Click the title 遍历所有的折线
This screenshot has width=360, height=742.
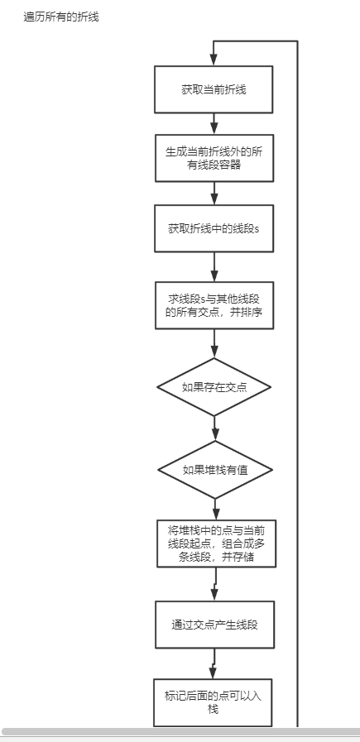point(61,16)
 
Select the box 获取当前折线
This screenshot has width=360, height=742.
point(214,89)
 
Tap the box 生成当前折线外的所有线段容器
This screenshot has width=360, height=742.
point(214,158)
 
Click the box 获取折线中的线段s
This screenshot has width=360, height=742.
point(214,227)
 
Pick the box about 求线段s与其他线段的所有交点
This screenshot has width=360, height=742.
point(214,306)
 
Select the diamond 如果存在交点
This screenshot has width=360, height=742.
point(214,386)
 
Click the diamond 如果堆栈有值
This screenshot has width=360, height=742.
point(214,469)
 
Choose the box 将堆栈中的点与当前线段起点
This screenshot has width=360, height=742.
point(216,543)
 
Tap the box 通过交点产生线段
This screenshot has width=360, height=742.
point(214,625)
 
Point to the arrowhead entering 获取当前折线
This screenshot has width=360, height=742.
point(214,59)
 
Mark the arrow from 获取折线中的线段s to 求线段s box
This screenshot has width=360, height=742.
point(214,267)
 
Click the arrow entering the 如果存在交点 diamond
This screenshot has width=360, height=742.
point(214,343)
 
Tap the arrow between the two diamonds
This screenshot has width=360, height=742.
point(214,428)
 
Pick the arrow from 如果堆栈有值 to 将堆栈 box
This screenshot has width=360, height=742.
point(215,509)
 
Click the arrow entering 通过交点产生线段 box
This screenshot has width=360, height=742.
point(215,585)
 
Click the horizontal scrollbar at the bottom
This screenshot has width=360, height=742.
point(180,732)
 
